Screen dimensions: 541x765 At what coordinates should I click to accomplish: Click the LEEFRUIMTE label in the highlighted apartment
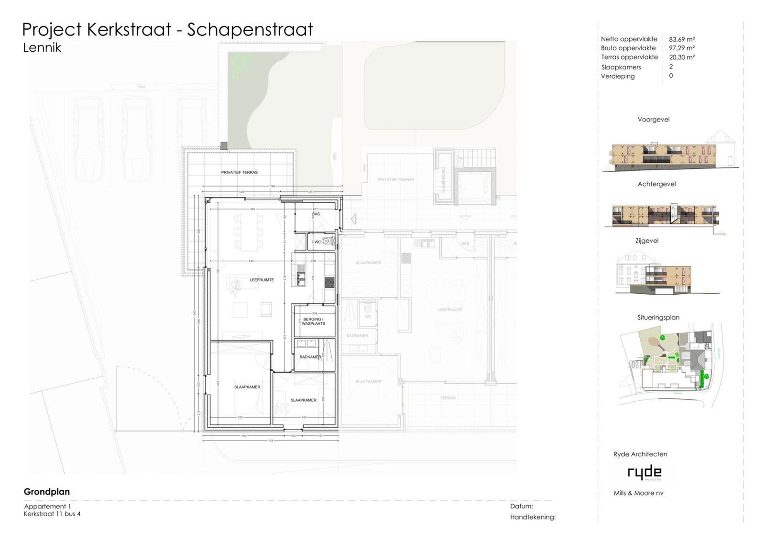pos(262,280)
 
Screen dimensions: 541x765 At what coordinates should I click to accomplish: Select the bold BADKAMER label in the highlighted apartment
pos(310,357)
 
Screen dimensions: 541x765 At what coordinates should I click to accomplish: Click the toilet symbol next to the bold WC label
pos(327,242)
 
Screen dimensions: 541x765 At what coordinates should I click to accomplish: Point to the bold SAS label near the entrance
pos(316,214)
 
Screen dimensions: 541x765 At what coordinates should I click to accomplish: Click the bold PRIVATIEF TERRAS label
pos(239,172)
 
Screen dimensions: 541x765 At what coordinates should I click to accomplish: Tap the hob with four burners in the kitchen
pos(329,282)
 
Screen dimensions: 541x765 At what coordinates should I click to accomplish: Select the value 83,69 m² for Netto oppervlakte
pos(681,39)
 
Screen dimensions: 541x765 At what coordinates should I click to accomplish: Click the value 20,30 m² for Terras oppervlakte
pos(681,57)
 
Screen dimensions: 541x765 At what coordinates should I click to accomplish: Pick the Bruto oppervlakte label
pos(628,48)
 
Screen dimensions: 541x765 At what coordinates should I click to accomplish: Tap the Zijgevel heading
pos(647,241)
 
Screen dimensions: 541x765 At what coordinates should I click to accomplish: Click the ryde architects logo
pos(645,473)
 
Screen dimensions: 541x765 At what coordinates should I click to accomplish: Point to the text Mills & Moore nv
pos(638,493)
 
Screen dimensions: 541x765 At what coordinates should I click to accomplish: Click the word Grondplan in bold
pos(47,492)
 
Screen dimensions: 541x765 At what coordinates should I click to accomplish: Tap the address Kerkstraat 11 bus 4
pos(52,514)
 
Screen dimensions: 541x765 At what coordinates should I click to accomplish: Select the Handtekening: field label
pos(533,517)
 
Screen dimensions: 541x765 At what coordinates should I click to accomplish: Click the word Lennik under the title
pos(42,47)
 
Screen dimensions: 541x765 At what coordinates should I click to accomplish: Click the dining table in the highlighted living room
pos(249,232)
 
